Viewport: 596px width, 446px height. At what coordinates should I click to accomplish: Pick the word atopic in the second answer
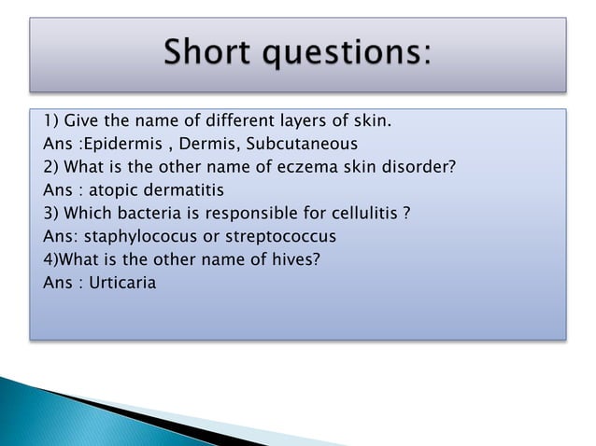pos(113,190)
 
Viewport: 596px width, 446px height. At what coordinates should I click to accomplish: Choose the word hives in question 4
pos(298,258)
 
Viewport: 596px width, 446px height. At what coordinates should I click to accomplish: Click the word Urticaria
pos(121,282)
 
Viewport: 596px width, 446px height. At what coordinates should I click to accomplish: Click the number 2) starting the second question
pos(51,167)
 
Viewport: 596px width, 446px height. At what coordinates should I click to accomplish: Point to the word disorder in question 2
pos(425,167)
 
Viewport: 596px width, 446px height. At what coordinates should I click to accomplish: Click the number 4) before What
pos(51,258)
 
